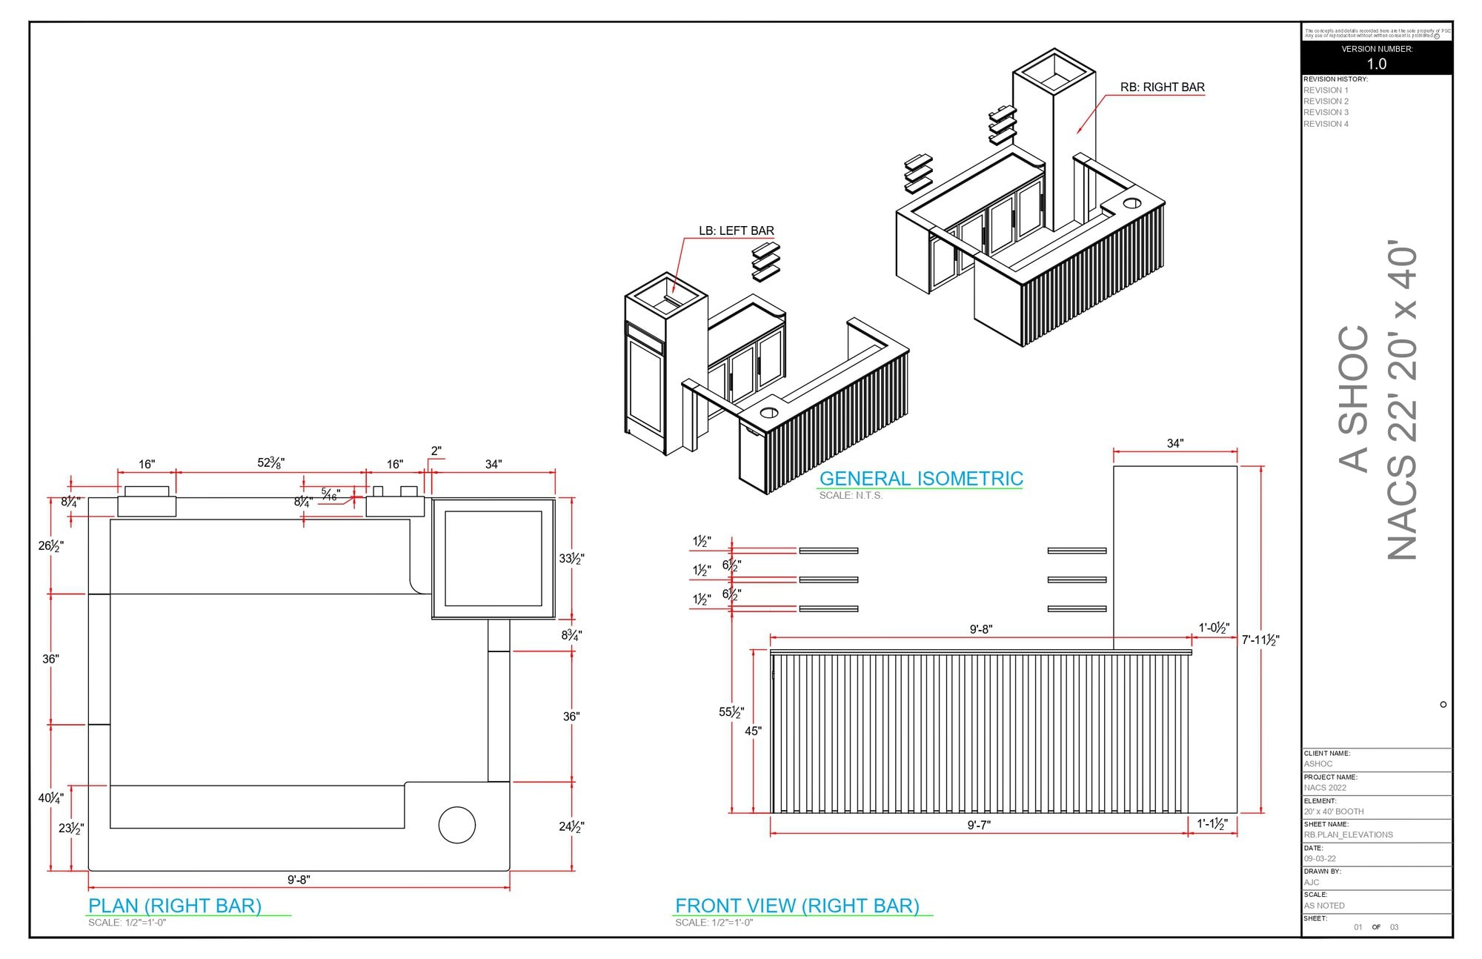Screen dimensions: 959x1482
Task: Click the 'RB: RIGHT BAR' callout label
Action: pos(1162,87)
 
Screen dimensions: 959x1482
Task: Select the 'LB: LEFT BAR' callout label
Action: pos(736,231)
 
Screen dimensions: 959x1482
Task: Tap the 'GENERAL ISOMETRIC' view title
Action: pos(920,479)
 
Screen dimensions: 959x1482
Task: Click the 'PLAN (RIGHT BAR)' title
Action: pos(175,906)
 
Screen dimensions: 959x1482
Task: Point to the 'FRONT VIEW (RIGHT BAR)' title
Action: pos(797,906)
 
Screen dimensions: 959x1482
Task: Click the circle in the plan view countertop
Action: pos(456,825)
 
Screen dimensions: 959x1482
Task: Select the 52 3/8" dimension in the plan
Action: pos(270,463)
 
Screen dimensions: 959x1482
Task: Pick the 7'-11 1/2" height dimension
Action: pos(1260,640)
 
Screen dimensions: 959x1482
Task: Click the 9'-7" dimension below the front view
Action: pos(979,825)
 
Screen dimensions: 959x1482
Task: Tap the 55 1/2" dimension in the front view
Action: pos(731,712)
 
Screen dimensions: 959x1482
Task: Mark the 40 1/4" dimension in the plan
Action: pos(50,798)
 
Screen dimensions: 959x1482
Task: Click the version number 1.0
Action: pos(1376,64)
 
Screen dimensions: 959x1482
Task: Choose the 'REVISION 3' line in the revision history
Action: pos(1326,113)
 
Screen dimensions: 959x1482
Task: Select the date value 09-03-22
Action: pos(1320,859)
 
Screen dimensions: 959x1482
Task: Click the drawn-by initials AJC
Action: pos(1312,883)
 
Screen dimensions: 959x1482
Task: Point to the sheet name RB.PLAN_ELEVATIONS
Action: pos(1348,835)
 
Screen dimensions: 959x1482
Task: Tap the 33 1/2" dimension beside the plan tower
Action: pos(571,559)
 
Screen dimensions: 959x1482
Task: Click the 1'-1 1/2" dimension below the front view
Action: pos(1212,824)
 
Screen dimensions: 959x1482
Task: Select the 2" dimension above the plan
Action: pos(436,451)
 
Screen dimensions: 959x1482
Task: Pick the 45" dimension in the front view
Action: pos(753,731)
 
